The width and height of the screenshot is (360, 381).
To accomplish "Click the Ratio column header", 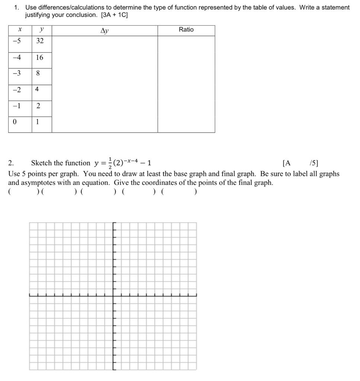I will [x=186, y=30].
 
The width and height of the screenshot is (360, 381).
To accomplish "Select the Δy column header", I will [x=105, y=31].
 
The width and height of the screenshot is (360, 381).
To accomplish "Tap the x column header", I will [x=20, y=30].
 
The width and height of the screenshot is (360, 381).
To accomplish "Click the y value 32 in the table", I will [x=40, y=41].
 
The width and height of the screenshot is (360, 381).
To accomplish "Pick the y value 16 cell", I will [x=39, y=57].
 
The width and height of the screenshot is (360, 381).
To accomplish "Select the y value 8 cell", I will [x=38, y=73].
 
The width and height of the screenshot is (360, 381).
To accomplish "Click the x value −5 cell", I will [x=17, y=41].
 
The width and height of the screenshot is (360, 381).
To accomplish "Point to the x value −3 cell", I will [x=17, y=73].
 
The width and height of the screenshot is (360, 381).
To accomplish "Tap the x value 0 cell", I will [x=15, y=122].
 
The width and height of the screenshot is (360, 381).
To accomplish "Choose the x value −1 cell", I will [x=17, y=106].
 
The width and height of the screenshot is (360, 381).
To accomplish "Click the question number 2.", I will [x=11, y=163].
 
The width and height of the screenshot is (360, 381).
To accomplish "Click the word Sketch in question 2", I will [x=41, y=163].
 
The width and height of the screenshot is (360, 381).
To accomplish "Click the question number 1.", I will [x=16, y=7].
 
